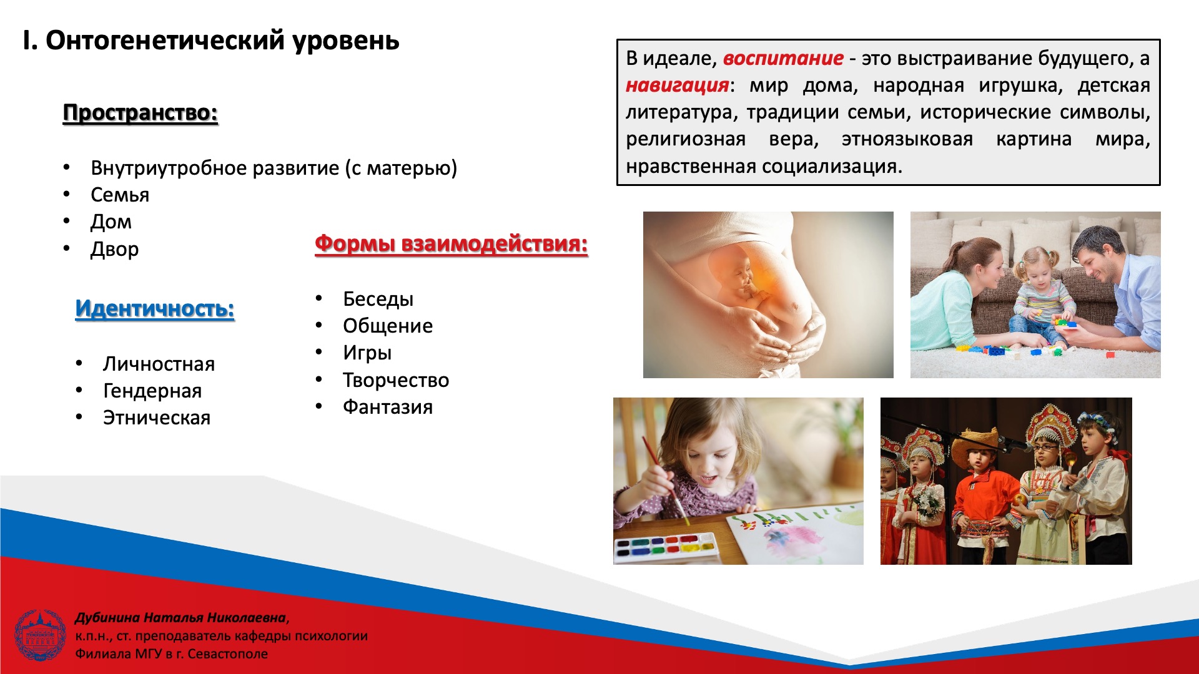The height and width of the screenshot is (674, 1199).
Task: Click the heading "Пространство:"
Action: [141, 113]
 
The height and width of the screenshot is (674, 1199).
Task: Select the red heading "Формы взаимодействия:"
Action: [451, 243]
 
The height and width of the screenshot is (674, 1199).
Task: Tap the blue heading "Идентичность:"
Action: [155, 308]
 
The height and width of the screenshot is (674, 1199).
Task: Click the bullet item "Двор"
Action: [114, 249]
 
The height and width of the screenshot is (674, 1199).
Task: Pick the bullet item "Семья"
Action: [120, 195]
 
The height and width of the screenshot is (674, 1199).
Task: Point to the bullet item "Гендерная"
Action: [152, 391]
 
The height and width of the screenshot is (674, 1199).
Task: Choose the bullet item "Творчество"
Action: [396, 380]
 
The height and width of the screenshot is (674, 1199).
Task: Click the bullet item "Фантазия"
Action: [388, 407]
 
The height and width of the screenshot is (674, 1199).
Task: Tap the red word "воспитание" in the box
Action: [783, 58]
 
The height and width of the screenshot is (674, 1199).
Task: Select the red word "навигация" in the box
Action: [678, 85]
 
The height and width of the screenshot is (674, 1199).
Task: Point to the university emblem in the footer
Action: [40, 635]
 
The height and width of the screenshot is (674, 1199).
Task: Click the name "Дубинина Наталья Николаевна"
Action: [180, 618]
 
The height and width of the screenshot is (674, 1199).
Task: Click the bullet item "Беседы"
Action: [378, 299]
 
